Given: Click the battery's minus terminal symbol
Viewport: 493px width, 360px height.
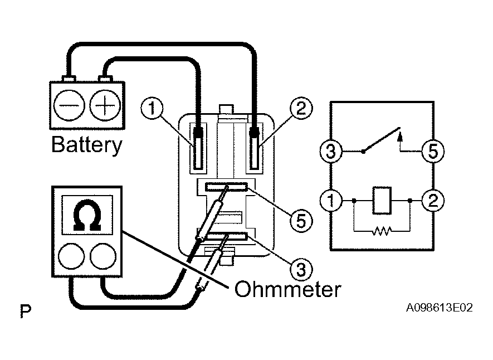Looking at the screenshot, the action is click(x=69, y=105).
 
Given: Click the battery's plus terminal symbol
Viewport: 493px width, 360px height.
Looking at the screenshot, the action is click(x=105, y=105).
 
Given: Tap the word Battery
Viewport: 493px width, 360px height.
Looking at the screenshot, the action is click(x=87, y=145).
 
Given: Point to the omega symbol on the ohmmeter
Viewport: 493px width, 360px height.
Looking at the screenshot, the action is click(x=87, y=215).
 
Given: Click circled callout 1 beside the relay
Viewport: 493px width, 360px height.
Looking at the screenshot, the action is click(x=152, y=109).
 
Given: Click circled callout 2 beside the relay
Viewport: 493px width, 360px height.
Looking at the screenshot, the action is click(x=301, y=109).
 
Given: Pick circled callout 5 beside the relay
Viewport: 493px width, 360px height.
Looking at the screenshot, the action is click(x=301, y=221).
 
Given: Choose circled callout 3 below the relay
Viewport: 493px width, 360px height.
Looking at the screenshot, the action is click(x=301, y=269).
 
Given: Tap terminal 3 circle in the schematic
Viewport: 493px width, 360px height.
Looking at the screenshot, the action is click(x=331, y=151).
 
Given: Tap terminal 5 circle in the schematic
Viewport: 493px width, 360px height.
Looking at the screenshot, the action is click(x=433, y=151).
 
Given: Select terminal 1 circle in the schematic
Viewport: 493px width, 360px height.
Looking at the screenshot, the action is click(x=331, y=200).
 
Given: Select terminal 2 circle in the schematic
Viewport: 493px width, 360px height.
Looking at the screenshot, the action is click(x=433, y=200).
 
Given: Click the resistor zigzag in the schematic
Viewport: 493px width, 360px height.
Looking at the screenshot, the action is click(x=382, y=231).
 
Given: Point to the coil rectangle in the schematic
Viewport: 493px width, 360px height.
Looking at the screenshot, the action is click(x=382, y=200).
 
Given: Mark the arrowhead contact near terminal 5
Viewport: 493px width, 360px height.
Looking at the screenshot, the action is click(x=400, y=136).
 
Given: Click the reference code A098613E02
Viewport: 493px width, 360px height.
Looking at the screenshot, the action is click(x=439, y=307).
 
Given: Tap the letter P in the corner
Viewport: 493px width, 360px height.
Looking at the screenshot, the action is click(x=26, y=311).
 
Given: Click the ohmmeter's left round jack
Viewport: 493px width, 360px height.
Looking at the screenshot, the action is click(x=71, y=256).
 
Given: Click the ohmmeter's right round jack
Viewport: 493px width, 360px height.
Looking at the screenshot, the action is click(x=103, y=256).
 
